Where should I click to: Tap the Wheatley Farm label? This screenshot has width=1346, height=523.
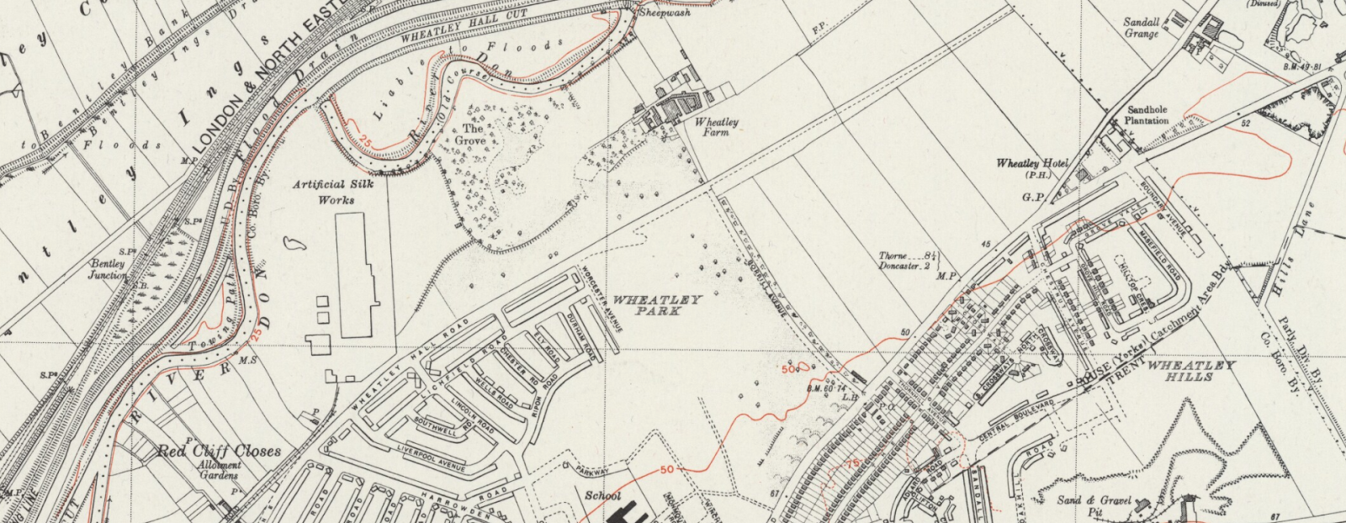click(717, 127)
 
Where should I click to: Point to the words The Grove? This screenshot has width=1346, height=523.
click(473, 135)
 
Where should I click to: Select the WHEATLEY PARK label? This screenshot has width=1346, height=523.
click(657, 305)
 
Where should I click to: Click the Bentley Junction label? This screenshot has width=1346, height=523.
click(109, 269)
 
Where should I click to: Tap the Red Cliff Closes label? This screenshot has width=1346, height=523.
click(219, 452)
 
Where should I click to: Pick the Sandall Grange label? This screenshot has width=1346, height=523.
click(1142, 28)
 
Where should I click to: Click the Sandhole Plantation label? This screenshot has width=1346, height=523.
click(1147, 115)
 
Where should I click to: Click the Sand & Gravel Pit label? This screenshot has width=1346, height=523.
click(1094, 505)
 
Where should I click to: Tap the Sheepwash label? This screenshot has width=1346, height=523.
click(665, 13)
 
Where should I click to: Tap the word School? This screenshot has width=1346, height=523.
click(603, 496)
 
